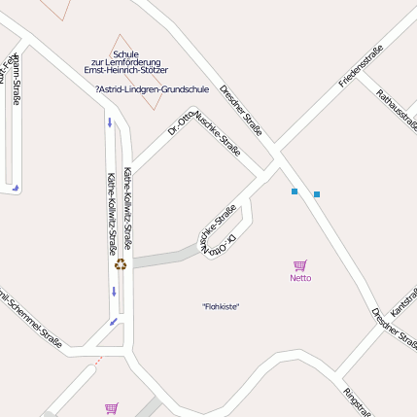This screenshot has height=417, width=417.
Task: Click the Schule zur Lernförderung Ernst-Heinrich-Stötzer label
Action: pyautogui.click(x=126, y=62)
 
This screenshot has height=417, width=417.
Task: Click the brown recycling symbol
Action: pyautogui.click(x=121, y=263)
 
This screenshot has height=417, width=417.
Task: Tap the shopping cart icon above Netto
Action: pyautogui.click(x=300, y=265)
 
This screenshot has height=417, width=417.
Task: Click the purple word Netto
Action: pyautogui.click(x=300, y=278)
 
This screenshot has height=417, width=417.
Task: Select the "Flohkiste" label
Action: pyautogui.click(x=221, y=307)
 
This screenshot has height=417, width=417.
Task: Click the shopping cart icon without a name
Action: pyautogui.click(x=111, y=409)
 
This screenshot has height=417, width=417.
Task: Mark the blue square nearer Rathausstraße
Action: pyautogui.click(x=317, y=194)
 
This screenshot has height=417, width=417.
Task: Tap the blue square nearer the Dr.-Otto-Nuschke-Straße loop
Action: pyautogui.click(x=295, y=191)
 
